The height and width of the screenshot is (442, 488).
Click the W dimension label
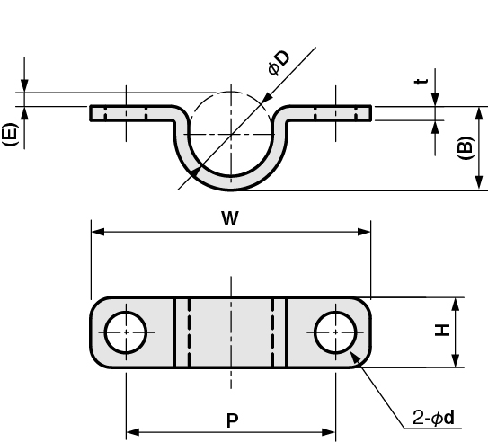230,218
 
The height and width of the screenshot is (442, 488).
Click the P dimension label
232,420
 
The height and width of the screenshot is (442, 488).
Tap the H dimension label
442,330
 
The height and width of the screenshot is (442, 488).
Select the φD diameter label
279,63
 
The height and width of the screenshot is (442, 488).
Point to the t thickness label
421,82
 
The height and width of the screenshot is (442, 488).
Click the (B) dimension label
466,148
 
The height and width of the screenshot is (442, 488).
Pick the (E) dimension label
10,135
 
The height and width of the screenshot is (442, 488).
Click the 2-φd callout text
433,418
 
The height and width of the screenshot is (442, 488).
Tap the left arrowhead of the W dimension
98,232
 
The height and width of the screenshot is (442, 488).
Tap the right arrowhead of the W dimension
364,232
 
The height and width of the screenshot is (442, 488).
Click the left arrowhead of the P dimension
133,432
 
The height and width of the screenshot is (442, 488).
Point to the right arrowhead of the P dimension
328,432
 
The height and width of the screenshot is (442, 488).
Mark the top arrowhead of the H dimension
456,305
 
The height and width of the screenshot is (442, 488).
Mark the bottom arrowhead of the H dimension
456,361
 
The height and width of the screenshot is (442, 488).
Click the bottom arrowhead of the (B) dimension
479,183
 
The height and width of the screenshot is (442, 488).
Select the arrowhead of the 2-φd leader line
355,357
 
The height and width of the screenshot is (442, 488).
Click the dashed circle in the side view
231,92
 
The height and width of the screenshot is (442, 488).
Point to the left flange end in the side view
91,113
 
